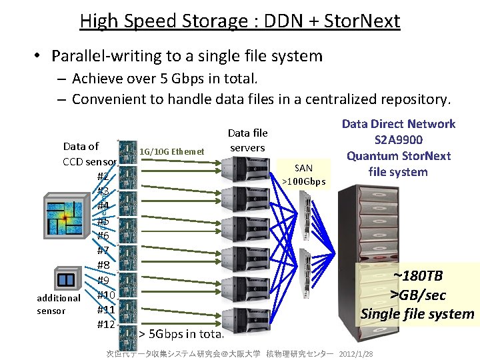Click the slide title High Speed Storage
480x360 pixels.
(x=239, y=21)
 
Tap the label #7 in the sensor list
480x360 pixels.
(x=103, y=251)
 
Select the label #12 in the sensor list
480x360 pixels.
(x=106, y=324)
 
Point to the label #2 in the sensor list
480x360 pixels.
(x=103, y=177)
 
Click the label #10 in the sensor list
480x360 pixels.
(x=106, y=295)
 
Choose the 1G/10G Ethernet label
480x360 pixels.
(x=172, y=151)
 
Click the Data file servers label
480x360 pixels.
(x=247, y=141)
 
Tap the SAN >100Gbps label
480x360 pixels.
(x=303, y=175)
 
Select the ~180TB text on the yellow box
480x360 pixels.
(x=419, y=276)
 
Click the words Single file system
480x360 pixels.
(x=418, y=313)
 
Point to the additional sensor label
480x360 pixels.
(x=59, y=304)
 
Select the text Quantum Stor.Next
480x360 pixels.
(x=398, y=156)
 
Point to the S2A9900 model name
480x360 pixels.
(x=399, y=140)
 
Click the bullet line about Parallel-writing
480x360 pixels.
(x=187, y=56)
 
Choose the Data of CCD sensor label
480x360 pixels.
(x=89, y=153)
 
